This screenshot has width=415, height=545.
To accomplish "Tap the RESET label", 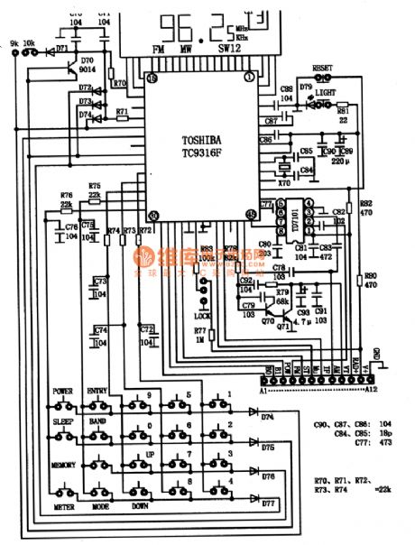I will pos(321,68).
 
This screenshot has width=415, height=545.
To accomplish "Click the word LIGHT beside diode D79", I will pos(326,93).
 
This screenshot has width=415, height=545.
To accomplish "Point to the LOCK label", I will pos(202,315).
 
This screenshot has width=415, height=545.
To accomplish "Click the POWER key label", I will pos(62,391).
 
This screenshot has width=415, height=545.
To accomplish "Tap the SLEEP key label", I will pos(62,420).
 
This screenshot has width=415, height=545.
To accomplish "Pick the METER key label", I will pos(63,507).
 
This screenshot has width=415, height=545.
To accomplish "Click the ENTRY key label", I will pos(97,391).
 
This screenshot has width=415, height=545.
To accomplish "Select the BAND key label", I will pos(97,420).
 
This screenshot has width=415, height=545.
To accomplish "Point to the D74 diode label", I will pos(268,417).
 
